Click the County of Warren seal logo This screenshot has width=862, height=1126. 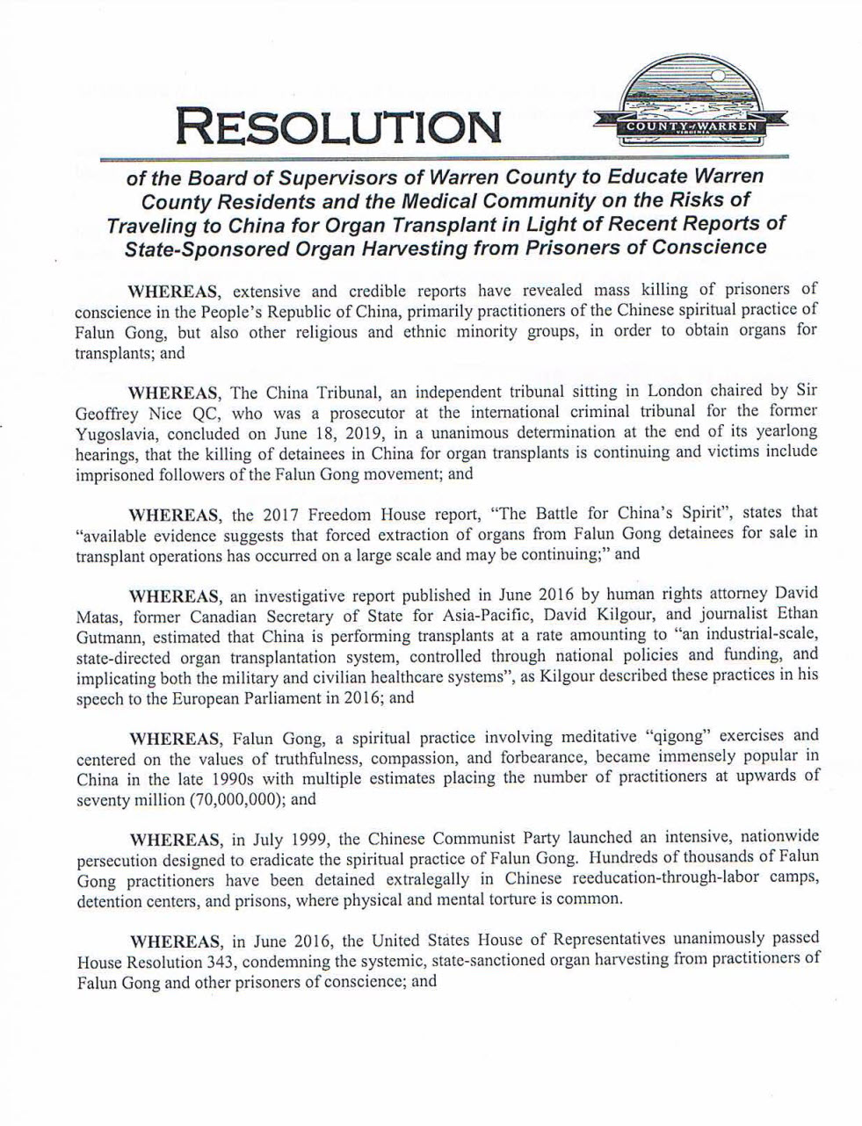coord(692,104)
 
